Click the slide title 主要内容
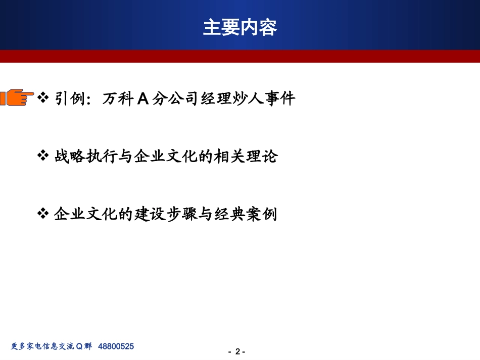(240, 27)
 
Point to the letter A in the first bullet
(143, 98)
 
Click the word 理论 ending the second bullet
(264, 157)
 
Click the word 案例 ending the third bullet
(264, 215)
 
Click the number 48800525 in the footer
(116, 346)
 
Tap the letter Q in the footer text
(79, 346)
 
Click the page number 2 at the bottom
(237, 352)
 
